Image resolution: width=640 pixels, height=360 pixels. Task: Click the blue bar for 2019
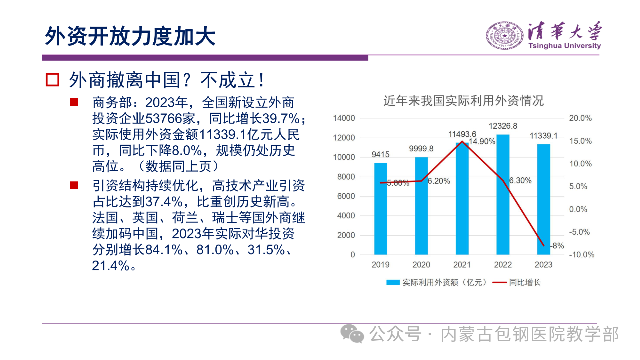point(380,209)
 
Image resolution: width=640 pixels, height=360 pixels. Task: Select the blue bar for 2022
point(503,195)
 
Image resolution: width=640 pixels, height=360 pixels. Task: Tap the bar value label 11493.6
point(462,134)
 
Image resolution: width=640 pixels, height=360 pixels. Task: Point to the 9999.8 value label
point(421,149)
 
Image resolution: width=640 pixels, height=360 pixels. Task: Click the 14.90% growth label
point(482,141)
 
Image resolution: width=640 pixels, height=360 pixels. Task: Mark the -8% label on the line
point(557,246)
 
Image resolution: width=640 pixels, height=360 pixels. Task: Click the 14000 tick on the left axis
point(344,118)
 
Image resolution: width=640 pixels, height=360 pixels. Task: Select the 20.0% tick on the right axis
point(580,118)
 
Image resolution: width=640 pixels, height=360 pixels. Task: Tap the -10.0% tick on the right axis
point(581,255)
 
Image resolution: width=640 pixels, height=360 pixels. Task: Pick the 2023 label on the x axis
point(543,265)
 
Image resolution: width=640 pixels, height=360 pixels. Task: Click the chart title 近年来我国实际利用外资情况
point(463,101)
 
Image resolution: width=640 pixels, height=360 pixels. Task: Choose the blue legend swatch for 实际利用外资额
point(393,282)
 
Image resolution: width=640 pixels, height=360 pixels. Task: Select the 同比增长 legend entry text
point(525,282)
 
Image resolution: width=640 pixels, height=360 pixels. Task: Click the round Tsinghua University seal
point(505,36)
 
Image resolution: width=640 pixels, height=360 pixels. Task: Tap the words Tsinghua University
point(565,46)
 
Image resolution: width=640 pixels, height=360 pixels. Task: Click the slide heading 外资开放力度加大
point(130,36)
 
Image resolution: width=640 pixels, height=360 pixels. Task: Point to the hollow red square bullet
point(53,79)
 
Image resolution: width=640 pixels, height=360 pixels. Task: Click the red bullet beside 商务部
point(74,102)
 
